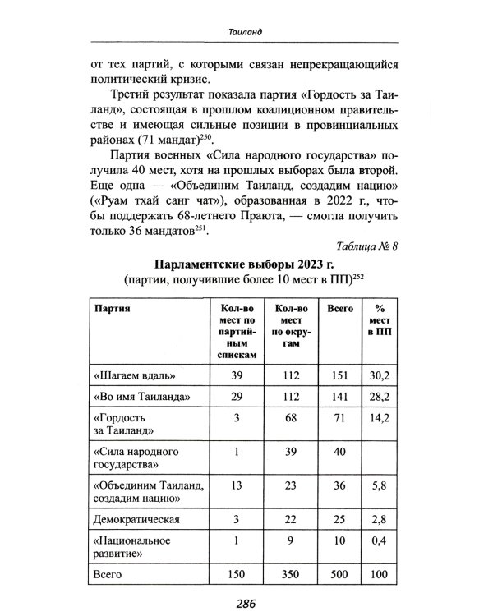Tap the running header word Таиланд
[x=246, y=32]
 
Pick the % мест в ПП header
[x=380, y=323]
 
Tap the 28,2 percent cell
[x=380, y=398]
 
